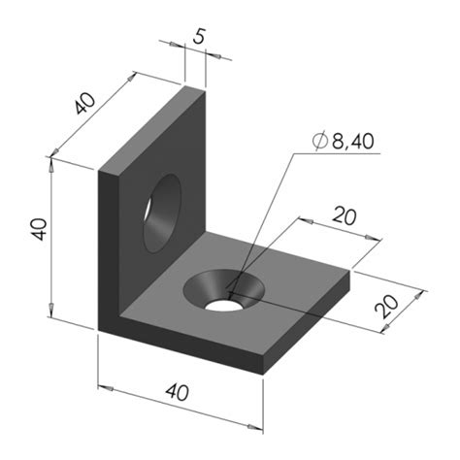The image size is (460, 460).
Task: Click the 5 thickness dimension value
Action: click(x=199, y=38)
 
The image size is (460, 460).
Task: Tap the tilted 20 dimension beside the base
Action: click(x=386, y=308)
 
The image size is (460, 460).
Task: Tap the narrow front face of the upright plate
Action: click(x=108, y=247)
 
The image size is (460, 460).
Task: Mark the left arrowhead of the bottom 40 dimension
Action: click(x=103, y=388)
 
